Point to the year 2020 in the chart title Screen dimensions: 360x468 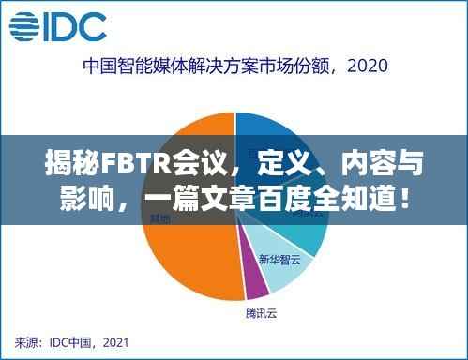(x=365, y=67)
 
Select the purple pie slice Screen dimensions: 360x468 (x=252, y=278)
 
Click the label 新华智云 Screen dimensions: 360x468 (x=280, y=259)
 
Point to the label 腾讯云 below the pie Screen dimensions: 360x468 (x=262, y=311)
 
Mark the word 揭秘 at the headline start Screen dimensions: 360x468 (x=63, y=167)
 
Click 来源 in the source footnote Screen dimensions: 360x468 (x=28, y=341)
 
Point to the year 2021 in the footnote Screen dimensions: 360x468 (x=116, y=341)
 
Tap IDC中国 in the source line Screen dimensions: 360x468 (x=72, y=341)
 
